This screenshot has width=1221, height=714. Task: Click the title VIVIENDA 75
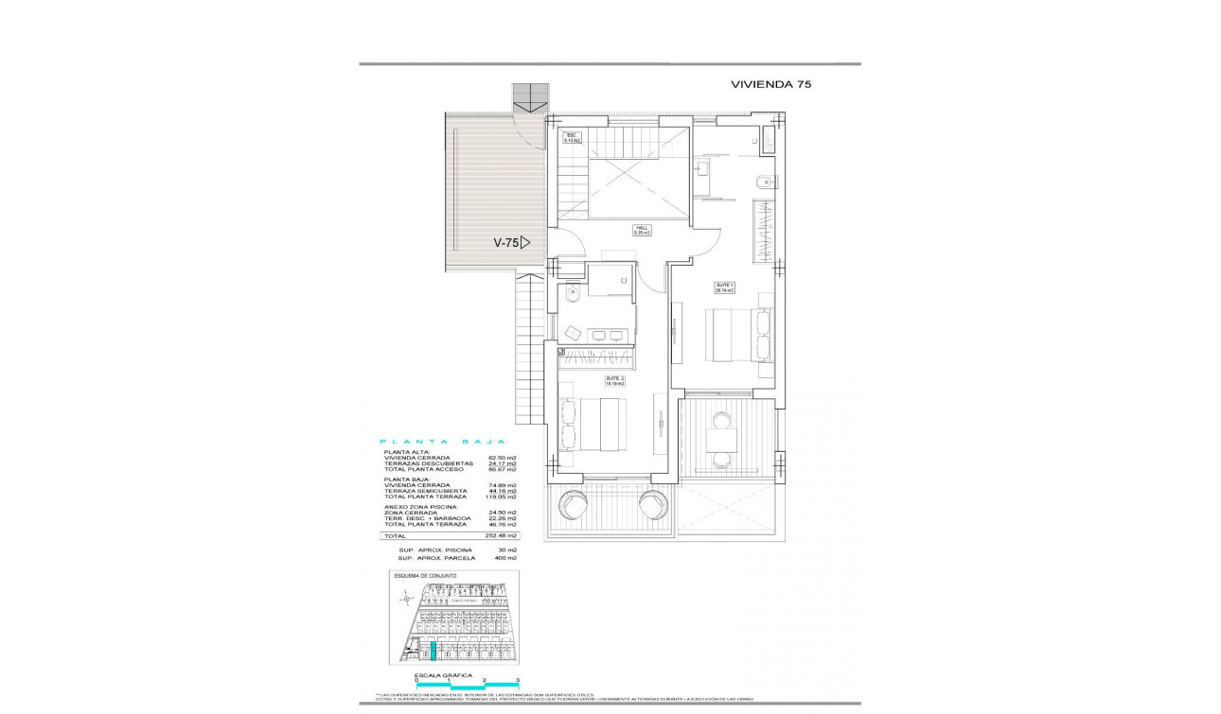[x=770, y=83]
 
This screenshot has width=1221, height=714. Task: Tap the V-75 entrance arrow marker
[x=511, y=242]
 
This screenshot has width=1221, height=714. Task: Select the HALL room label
[x=641, y=229]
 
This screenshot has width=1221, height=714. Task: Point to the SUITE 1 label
[x=724, y=287]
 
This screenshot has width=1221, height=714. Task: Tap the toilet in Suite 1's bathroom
[x=764, y=182]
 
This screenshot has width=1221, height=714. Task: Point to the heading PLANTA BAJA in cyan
[x=442, y=442]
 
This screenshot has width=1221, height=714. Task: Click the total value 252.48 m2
[x=501, y=535]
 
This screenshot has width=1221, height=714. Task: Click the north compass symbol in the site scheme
[x=406, y=597]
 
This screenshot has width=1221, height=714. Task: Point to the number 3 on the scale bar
[x=518, y=681]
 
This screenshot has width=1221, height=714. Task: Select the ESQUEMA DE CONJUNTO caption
[x=426, y=575]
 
